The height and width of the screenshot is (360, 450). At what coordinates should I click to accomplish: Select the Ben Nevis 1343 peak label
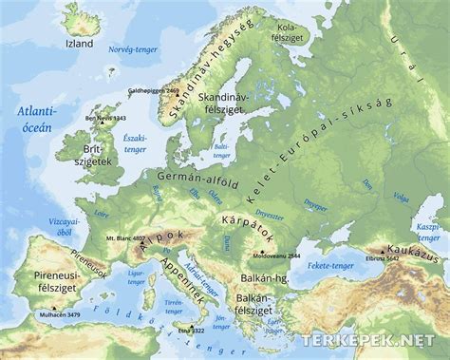(104, 118)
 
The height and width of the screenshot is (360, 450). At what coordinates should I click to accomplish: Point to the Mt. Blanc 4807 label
(125, 237)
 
